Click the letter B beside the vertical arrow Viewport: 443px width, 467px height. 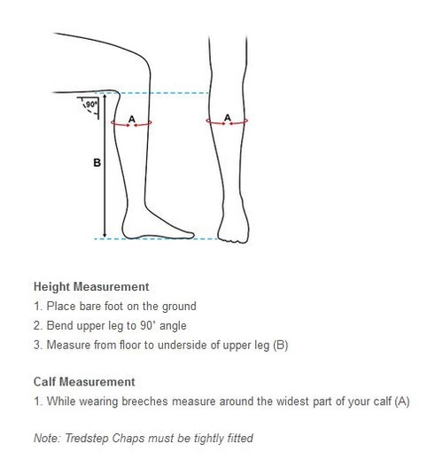point(97,163)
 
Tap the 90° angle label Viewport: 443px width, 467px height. point(91,105)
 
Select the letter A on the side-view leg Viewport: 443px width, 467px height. point(132,119)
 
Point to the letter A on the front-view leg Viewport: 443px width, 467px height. point(228,118)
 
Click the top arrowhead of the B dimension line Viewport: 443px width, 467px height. point(105,97)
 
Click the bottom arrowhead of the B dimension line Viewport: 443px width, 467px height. point(105,235)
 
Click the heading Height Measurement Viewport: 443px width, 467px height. point(91,287)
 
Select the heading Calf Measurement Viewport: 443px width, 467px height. point(84,382)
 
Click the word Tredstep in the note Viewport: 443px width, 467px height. point(87,438)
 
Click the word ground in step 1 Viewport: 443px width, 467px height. point(179,307)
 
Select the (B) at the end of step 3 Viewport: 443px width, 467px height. point(281,346)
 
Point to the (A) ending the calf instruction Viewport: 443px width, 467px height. point(402,401)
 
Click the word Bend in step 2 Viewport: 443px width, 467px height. point(60,325)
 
